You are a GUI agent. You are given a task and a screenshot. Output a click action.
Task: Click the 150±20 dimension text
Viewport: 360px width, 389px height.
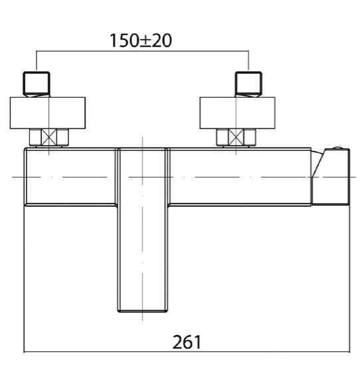point(141,41)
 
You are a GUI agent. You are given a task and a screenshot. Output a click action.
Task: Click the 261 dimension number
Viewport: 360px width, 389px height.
point(187,342)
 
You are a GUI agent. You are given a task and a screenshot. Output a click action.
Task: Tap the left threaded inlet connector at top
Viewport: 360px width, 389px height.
point(37,84)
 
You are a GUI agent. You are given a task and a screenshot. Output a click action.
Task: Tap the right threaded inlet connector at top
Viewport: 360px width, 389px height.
point(248,84)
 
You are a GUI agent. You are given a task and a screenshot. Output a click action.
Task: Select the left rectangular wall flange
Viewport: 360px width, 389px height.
point(48,113)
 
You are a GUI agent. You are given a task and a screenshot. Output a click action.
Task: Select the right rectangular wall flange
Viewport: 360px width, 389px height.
point(237,113)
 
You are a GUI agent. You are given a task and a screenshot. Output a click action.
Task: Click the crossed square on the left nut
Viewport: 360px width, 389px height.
point(48,137)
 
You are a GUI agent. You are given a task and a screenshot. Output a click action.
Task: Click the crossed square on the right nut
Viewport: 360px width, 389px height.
point(236,137)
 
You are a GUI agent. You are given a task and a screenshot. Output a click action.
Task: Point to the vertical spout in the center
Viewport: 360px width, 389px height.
point(142,230)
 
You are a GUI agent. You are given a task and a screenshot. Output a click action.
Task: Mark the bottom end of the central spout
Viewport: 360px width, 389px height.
point(142,311)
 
